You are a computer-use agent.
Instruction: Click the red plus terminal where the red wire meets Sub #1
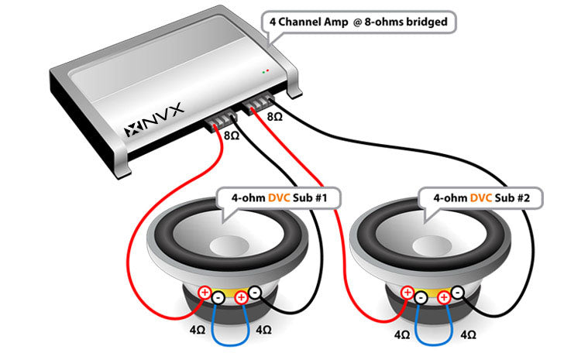(204, 293)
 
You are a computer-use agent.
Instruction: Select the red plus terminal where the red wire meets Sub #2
(406, 293)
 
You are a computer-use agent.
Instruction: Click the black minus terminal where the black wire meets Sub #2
(458, 293)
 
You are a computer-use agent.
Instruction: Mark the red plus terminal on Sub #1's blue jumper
(242, 297)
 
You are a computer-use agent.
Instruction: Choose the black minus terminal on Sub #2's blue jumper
(420, 297)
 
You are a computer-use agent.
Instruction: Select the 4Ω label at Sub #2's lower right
(468, 335)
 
